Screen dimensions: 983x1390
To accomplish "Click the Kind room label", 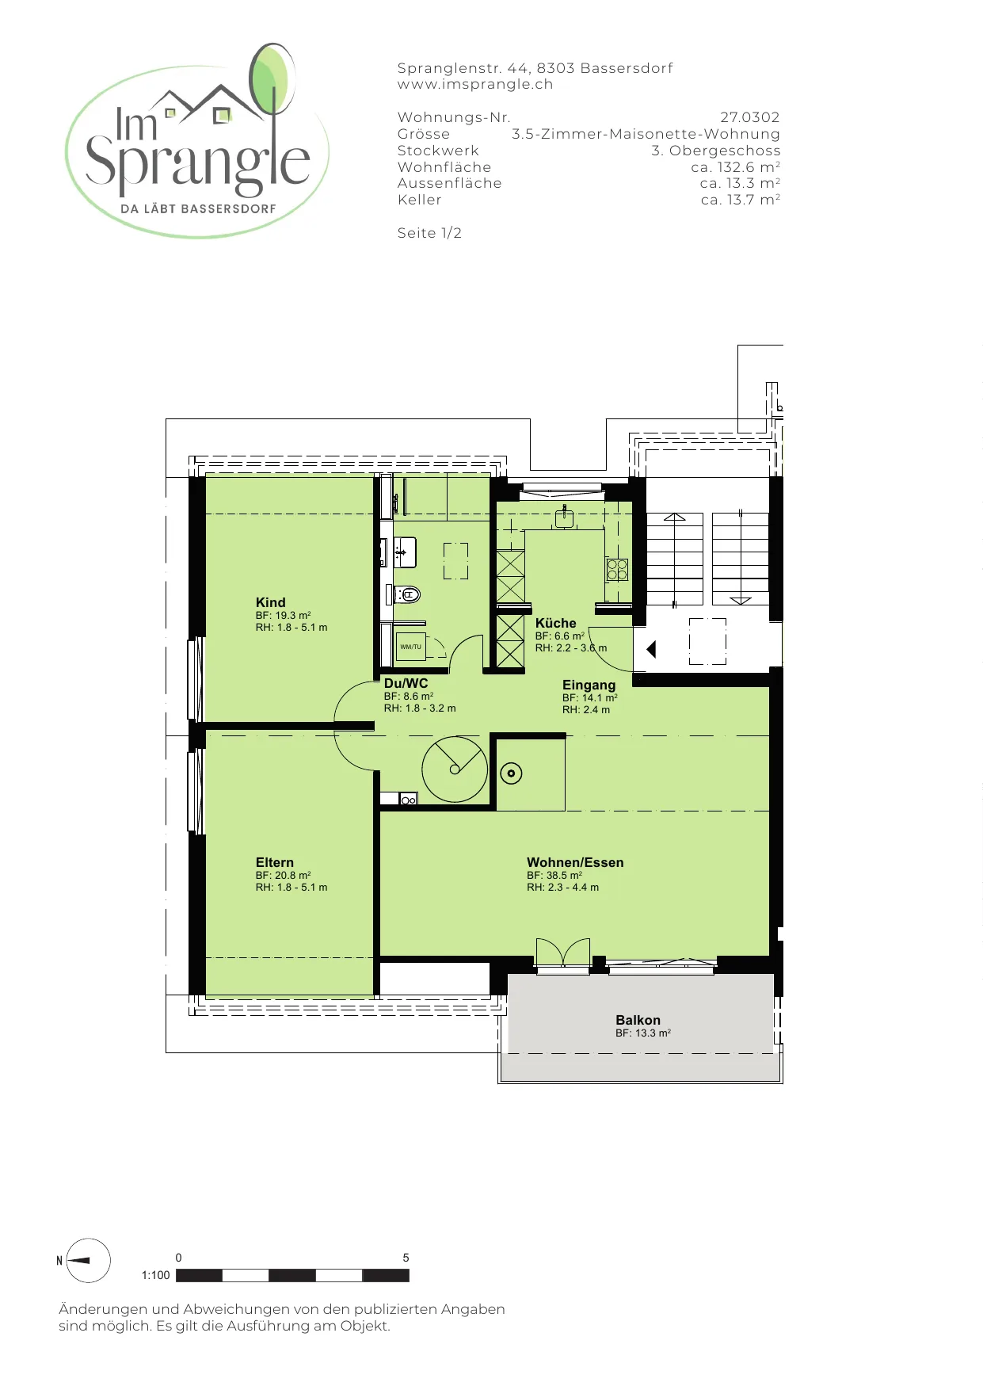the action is pyautogui.click(x=270, y=602).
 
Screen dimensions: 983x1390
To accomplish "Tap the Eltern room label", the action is pyautogui.click(x=274, y=862).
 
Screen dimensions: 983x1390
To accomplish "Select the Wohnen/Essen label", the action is pyautogui.click(x=575, y=862).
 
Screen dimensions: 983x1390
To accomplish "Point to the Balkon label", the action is pyautogui.click(x=638, y=1020).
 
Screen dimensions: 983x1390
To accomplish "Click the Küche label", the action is pyautogui.click(x=555, y=623).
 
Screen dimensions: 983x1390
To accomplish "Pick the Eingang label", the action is pyautogui.click(x=589, y=685).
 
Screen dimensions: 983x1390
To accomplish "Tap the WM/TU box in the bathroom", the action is pyautogui.click(x=410, y=647).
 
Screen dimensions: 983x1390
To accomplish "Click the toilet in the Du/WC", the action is pyautogui.click(x=406, y=594).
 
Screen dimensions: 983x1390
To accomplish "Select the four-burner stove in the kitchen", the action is pyautogui.click(x=617, y=569).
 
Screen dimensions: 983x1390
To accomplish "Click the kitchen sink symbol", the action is pyautogui.click(x=563, y=517).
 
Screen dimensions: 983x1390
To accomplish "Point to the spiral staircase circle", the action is pyautogui.click(x=455, y=769).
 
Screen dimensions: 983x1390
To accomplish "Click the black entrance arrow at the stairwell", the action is pyautogui.click(x=651, y=650).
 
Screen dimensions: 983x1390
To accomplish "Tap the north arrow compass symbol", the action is pyautogui.click(x=87, y=1260).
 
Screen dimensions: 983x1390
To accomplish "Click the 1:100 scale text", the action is pyautogui.click(x=155, y=1275).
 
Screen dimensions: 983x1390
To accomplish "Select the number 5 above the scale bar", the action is pyautogui.click(x=406, y=1258).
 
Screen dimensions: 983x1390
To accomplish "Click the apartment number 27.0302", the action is pyautogui.click(x=749, y=117).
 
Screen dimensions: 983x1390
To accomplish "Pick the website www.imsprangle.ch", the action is pyautogui.click(x=475, y=84).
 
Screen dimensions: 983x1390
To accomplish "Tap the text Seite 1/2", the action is pyautogui.click(x=429, y=233).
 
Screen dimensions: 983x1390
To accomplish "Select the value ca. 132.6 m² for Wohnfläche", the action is pyautogui.click(x=735, y=166).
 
